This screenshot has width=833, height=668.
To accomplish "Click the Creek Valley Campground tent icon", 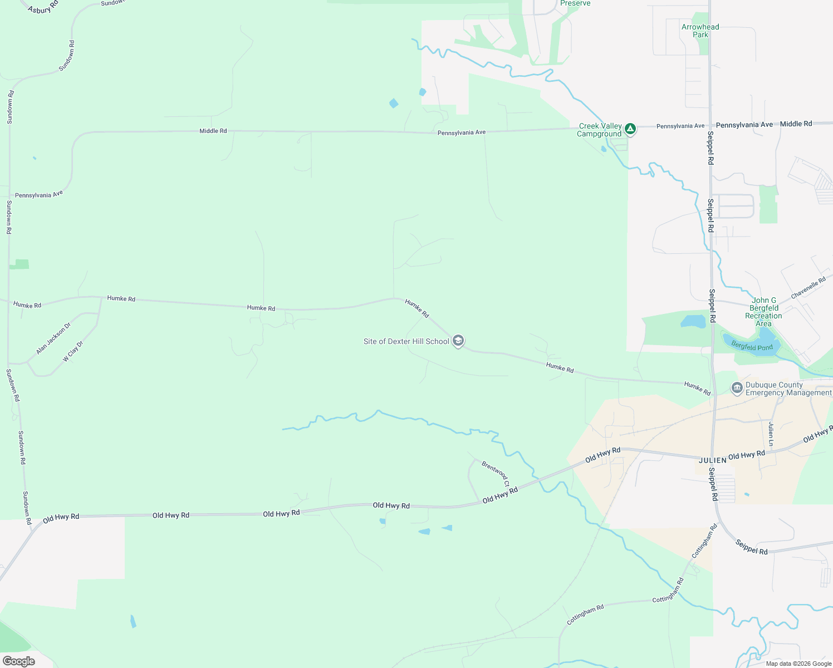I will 630,129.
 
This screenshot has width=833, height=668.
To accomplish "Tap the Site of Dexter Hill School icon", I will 458,341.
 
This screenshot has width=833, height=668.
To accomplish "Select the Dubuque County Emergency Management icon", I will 737,388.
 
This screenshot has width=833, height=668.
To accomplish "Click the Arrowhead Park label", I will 700,31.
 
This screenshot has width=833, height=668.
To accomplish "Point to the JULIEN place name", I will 713,460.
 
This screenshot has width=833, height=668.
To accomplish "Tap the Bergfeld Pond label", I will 752,347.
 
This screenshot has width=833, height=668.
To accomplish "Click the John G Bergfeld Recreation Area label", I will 763,312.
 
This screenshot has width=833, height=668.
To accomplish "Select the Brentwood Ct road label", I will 495,473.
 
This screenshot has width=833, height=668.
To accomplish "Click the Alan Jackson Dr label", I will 53,338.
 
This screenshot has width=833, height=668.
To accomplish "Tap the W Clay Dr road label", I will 73,352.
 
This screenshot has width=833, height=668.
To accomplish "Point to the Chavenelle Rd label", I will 808,288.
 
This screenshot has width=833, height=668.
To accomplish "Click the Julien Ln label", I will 771,434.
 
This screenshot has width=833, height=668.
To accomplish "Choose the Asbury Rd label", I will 43,8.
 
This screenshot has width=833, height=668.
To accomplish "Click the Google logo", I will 18,661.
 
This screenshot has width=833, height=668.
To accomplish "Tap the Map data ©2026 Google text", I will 798,664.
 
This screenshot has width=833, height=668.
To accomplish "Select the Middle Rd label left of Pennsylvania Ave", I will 213,131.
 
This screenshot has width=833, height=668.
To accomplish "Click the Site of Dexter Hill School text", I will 406,341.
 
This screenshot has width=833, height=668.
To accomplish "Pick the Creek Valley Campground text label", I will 600,130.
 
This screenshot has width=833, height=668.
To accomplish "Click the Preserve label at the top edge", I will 575,3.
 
